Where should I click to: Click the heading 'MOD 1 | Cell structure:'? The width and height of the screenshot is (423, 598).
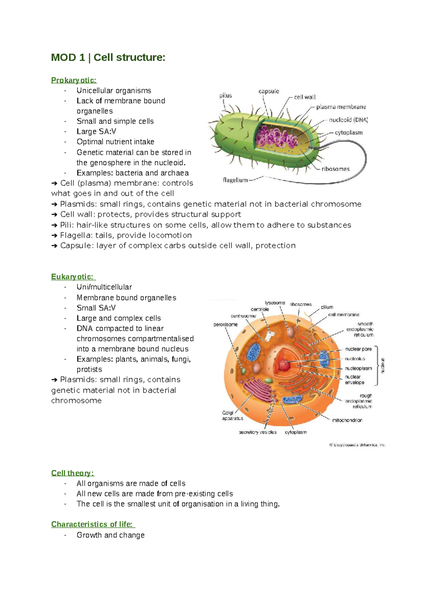[x=108, y=57]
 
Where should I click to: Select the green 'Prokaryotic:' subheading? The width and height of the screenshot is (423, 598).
[x=74, y=80]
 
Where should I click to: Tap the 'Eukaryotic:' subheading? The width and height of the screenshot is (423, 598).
[x=72, y=277]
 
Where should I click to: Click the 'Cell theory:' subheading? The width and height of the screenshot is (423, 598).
[x=72, y=473]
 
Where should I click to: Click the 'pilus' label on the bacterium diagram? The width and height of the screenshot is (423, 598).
[x=226, y=96]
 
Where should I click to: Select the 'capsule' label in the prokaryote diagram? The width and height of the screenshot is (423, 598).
[x=269, y=91]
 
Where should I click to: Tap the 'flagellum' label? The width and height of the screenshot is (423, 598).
[x=235, y=180]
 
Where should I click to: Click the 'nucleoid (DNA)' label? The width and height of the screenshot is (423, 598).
[x=348, y=120]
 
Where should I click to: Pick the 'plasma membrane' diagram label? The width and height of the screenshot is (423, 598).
[x=341, y=107]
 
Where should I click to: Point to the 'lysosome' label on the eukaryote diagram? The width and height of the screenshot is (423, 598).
[x=275, y=303]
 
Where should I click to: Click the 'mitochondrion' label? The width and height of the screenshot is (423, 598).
[x=347, y=420]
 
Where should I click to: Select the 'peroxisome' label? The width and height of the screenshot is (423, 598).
[x=226, y=324]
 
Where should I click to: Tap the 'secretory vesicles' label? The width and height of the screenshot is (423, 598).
[x=258, y=432]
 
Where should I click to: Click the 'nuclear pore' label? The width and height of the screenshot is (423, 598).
[x=358, y=349]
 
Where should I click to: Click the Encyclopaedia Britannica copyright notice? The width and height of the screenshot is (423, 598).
[x=357, y=445]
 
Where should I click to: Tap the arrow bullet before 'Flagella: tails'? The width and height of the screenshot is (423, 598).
[x=54, y=236]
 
